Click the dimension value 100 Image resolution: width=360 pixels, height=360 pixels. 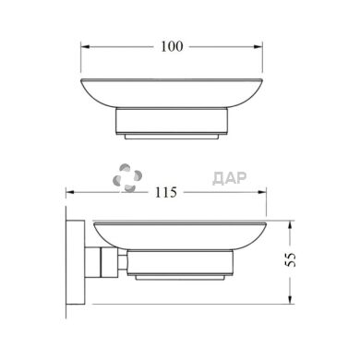[172, 46]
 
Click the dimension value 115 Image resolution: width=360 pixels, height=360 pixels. [166, 193]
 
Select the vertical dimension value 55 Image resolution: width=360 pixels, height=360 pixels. [291, 259]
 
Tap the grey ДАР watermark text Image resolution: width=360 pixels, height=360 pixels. [230, 178]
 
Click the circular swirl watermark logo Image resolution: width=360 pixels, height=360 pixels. [127, 178]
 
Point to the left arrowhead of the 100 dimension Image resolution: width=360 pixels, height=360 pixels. [85, 47]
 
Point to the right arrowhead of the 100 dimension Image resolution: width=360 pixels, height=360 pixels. [258, 47]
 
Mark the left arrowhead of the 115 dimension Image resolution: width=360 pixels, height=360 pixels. [70, 192]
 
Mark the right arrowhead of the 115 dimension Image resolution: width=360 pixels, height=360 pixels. [262, 192]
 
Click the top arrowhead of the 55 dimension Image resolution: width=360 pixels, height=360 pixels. [290, 225]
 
